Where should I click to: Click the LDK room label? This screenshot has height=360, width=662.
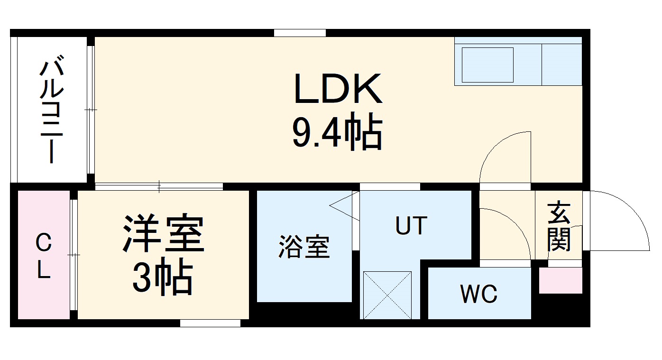(x=338, y=89)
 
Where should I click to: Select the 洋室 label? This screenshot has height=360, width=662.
(x=164, y=234)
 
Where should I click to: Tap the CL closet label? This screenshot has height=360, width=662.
(x=43, y=257)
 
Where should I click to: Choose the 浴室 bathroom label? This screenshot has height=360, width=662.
(x=303, y=247)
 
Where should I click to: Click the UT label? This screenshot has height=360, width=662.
(x=411, y=226)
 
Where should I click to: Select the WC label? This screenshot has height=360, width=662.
(x=478, y=295)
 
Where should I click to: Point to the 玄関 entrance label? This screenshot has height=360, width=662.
(x=559, y=227)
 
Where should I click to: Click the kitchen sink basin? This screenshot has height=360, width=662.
(x=487, y=64)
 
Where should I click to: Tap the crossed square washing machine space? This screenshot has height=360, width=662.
(x=387, y=295)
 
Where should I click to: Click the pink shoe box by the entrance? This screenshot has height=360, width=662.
(x=560, y=280)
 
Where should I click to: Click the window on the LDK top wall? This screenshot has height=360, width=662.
(x=300, y=33)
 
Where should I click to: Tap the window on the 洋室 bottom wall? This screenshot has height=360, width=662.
(x=210, y=323)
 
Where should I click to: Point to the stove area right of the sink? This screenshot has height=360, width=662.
(x=561, y=64)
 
